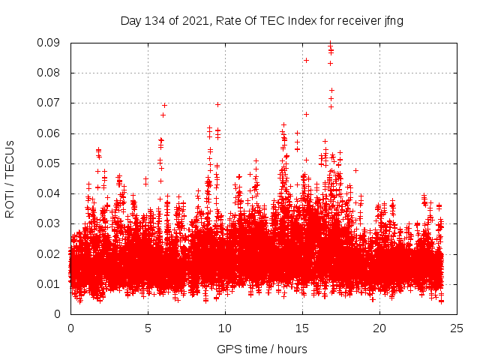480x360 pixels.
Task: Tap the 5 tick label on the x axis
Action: click(x=148, y=328)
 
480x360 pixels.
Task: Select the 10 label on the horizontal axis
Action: click(x=225, y=328)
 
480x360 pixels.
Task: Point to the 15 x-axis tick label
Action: click(x=302, y=328)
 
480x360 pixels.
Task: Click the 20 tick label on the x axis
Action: click(x=379, y=328)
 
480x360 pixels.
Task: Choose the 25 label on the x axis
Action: click(x=457, y=328)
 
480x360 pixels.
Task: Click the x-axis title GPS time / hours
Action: click(x=262, y=349)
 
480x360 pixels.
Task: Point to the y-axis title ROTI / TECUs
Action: click(x=10, y=178)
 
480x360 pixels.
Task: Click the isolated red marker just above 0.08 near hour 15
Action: click(x=306, y=60)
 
